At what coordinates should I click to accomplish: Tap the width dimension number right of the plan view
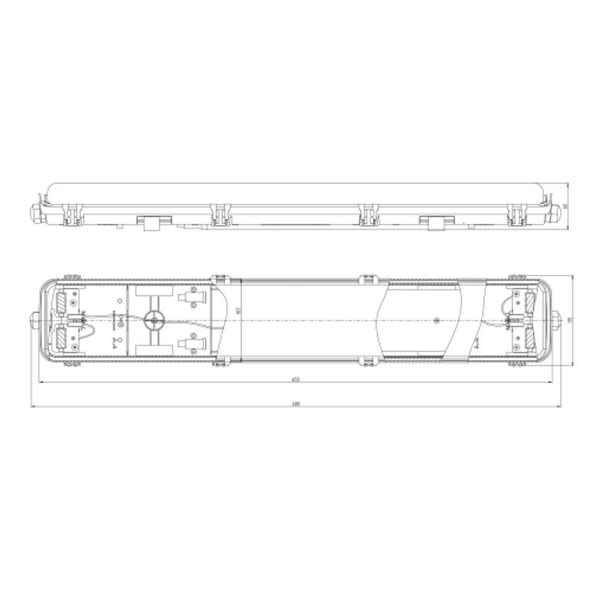pos(570,320)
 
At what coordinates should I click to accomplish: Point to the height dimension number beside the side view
pos(565,206)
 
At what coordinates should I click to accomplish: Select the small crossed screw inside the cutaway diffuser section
pos(436,321)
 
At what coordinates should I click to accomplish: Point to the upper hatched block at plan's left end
pos(62,303)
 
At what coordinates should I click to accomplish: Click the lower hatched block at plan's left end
pos(62,338)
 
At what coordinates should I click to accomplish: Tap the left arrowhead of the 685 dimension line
pos(33,407)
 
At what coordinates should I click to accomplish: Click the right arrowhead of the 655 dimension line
pos(552,382)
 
